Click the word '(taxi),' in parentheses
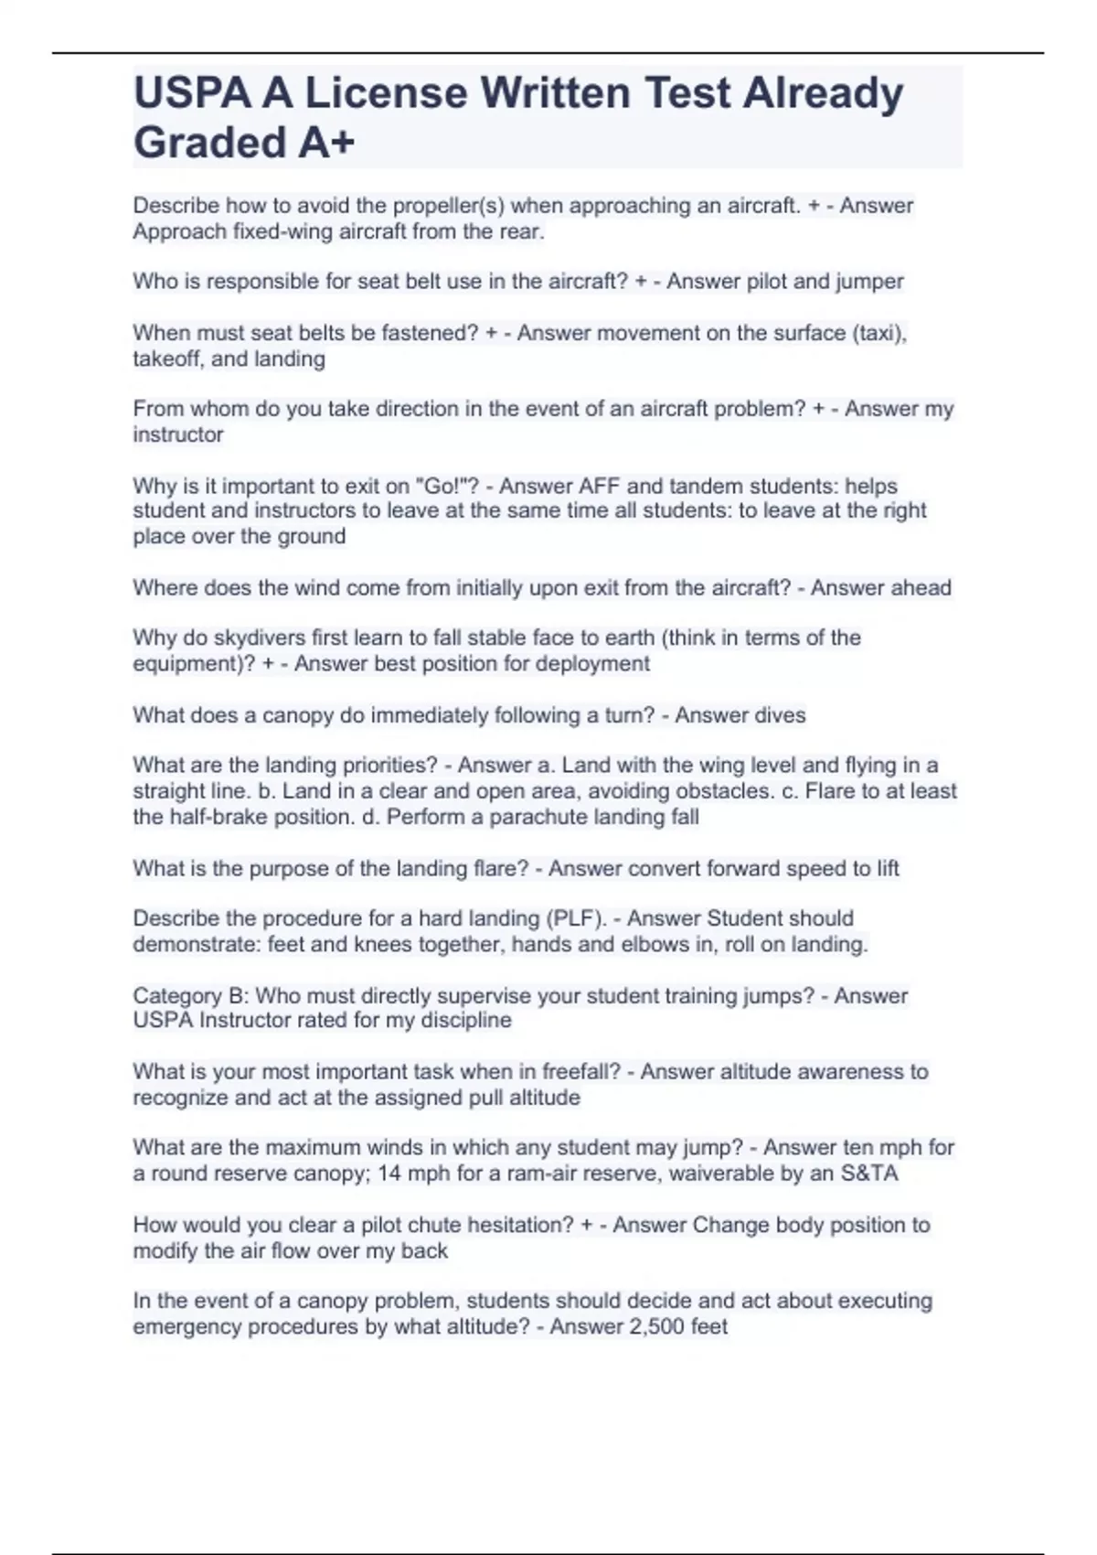click(879, 333)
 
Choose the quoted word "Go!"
click(448, 486)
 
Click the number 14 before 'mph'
click(389, 1173)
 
